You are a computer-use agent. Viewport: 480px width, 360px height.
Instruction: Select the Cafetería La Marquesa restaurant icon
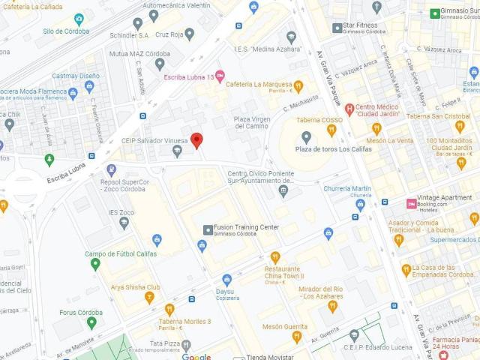[x=298, y=86]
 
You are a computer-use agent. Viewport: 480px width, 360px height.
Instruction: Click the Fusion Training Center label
[x=247, y=227]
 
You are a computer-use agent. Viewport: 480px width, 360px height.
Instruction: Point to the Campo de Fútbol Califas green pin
[x=95, y=264]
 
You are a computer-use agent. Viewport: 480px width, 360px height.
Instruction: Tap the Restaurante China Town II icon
[x=275, y=257]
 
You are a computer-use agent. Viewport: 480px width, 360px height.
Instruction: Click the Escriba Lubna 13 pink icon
[x=220, y=76]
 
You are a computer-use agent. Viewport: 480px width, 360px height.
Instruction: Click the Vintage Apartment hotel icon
[x=410, y=203]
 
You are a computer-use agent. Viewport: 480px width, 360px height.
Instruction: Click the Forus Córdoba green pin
[x=91, y=323]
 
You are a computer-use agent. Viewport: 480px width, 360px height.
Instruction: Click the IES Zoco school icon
[x=124, y=222]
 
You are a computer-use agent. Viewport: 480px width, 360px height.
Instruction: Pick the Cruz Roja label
[x=169, y=34]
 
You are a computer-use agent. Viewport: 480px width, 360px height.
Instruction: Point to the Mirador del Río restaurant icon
[x=333, y=306]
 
